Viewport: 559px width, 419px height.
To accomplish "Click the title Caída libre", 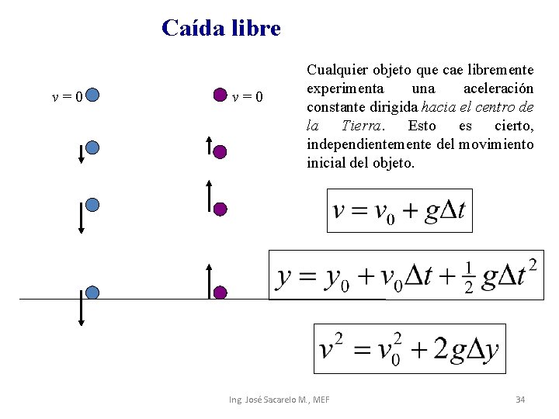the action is [x=221, y=29].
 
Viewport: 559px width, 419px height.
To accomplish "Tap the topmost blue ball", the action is [x=92, y=95].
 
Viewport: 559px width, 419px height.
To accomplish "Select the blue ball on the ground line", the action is [x=92, y=293].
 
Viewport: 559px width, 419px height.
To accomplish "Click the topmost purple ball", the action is [x=220, y=95].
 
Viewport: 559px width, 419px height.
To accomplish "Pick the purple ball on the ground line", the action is [x=220, y=293].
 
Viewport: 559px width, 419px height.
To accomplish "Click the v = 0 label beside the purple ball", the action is [x=248, y=96].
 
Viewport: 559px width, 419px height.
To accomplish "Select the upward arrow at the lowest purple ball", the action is [x=209, y=279].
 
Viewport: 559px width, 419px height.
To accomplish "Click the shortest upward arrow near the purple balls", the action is [x=209, y=145].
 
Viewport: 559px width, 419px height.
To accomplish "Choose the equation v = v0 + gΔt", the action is [x=399, y=210].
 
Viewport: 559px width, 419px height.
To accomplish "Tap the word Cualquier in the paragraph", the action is [x=334, y=70].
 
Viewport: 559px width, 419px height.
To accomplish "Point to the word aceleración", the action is [x=498, y=88].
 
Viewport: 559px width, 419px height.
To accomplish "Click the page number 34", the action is [x=520, y=399].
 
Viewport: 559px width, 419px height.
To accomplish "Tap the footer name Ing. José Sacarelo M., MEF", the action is [x=279, y=399].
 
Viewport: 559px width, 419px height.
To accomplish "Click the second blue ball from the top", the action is [x=92, y=147].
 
